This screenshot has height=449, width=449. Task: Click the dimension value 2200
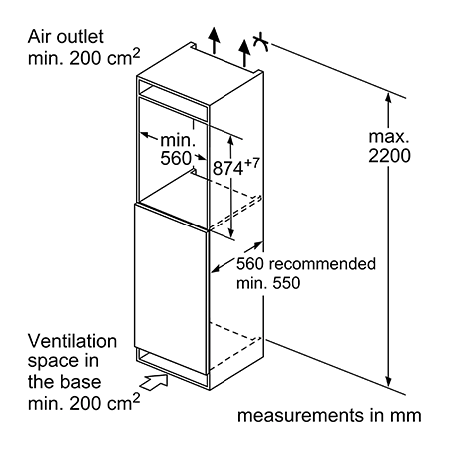[x=389, y=156]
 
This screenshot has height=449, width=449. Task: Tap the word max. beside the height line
[x=389, y=137]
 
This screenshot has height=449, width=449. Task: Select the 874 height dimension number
[x=228, y=168]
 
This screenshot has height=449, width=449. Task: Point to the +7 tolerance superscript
[x=251, y=163]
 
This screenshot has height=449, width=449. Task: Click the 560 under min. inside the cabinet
[x=176, y=158]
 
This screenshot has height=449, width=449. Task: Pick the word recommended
[x=322, y=264]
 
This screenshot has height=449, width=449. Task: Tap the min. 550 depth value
[x=268, y=283]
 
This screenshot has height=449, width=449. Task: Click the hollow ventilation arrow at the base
[x=154, y=381]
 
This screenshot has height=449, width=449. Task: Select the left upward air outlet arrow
[x=215, y=40]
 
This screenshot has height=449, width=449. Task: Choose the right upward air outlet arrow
[x=244, y=53]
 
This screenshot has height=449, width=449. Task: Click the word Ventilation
[x=72, y=341]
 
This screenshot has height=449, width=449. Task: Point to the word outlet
[x=80, y=37]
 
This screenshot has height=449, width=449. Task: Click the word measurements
[x=301, y=416]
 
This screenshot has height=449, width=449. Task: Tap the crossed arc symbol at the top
[x=261, y=42]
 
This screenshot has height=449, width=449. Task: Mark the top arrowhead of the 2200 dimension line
[x=388, y=97]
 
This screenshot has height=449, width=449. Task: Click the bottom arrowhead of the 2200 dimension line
[x=388, y=382]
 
